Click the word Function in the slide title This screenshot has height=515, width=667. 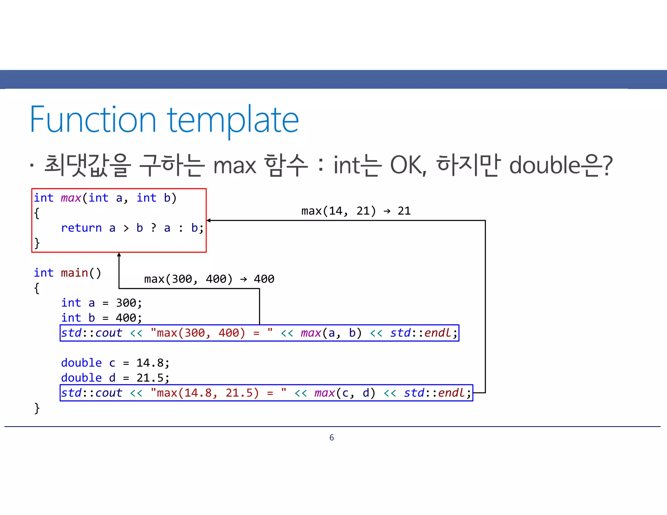pyautogui.click(x=93, y=120)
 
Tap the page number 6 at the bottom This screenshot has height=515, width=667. pyautogui.click(x=332, y=438)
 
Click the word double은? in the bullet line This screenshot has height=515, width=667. pyautogui.click(x=561, y=165)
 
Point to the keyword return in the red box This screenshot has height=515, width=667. pyautogui.click(x=81, y=228)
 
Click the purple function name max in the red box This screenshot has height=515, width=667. pyautogui.click(x=71, y=198)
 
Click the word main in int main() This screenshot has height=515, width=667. pyautogui.click(x=75, y=273)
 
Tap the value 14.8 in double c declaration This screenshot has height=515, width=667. pyautogui.click(x=150, y=363)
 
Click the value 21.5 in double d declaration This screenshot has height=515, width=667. pyautogui.click(x=150, y=378)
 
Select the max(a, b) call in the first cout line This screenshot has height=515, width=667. pyautogui.click(x=331, y=333)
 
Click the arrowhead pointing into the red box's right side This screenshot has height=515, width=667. pyautogui.click(x=209, y=220)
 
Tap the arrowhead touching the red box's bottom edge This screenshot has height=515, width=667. pyautogui.click(x=119, y=255)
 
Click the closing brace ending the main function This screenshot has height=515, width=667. pyautogui.click(x=37, y=408)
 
